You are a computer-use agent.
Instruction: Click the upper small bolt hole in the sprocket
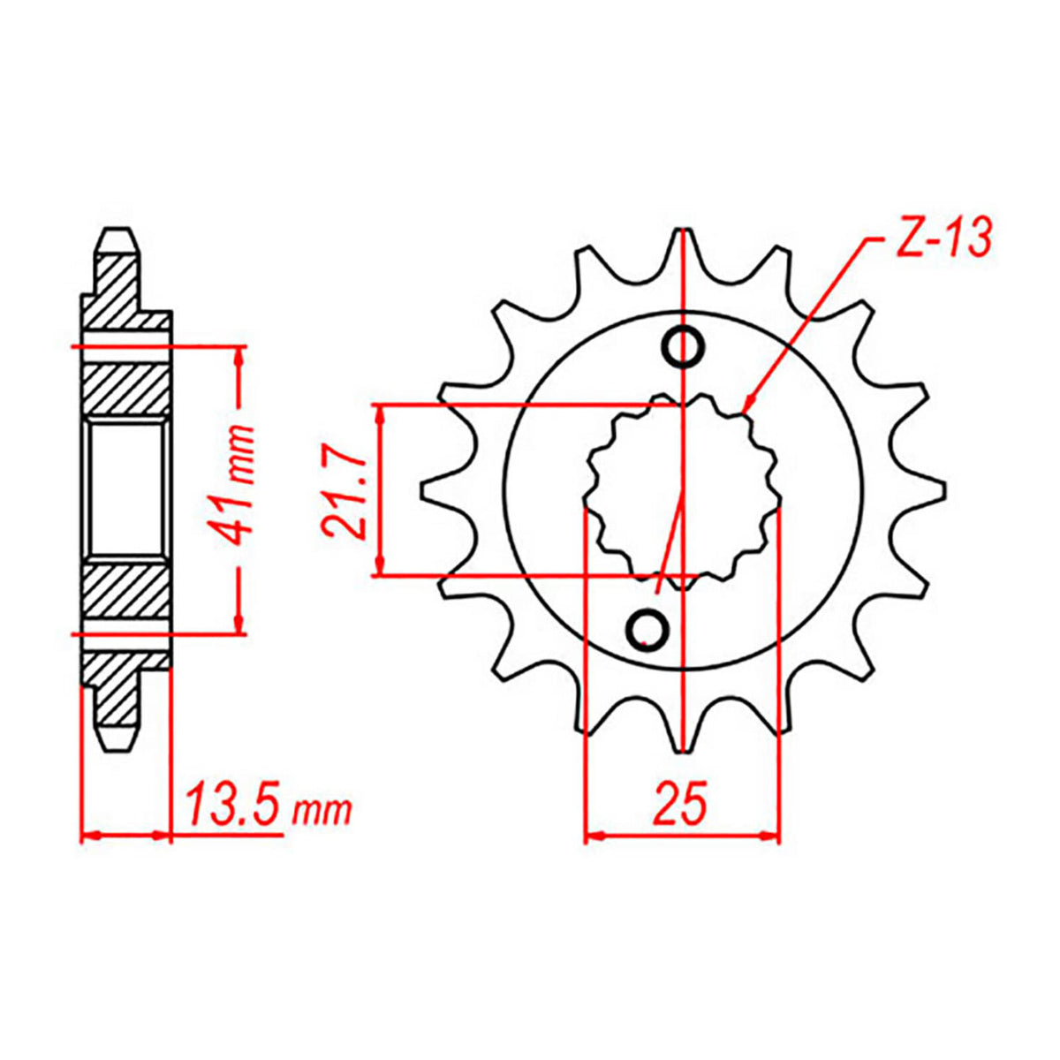point(685,346)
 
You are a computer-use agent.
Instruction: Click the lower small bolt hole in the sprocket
point(647,627)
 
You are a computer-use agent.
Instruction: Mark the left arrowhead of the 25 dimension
point(591,833)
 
